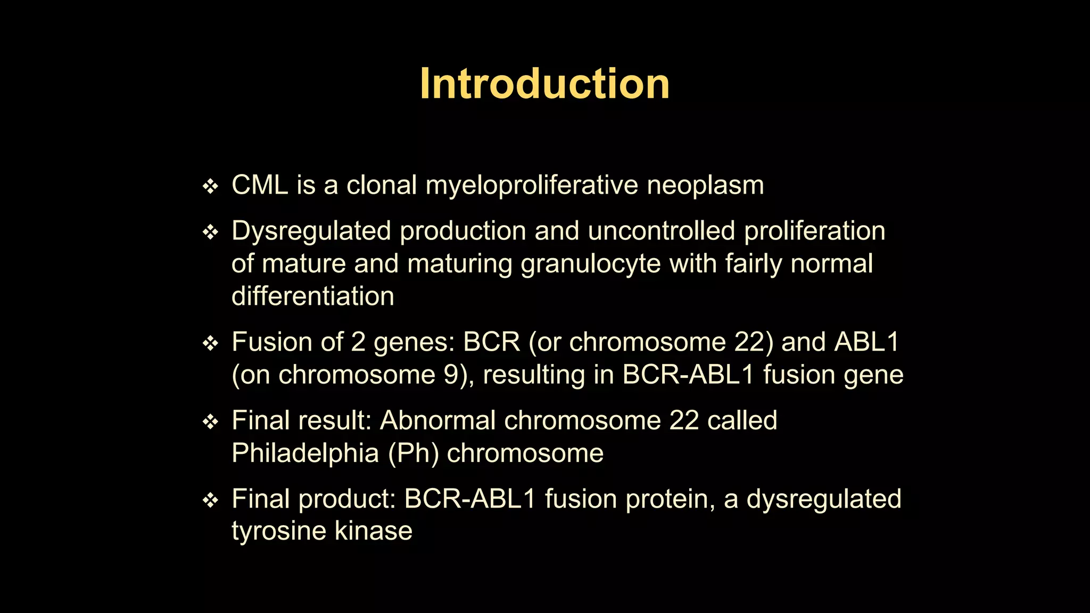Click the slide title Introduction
tap(544, 84)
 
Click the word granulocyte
tap(590, 264)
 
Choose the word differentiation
tap(313, 296)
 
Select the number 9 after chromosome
tap(452, 375)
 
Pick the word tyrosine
tap(279, 532)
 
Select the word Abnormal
tap(437, 420)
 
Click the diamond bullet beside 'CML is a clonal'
tap(211, 187)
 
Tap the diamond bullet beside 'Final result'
tap(211, 422)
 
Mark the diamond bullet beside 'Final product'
tap(211, 500)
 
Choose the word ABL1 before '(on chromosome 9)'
tap(866, 342)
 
